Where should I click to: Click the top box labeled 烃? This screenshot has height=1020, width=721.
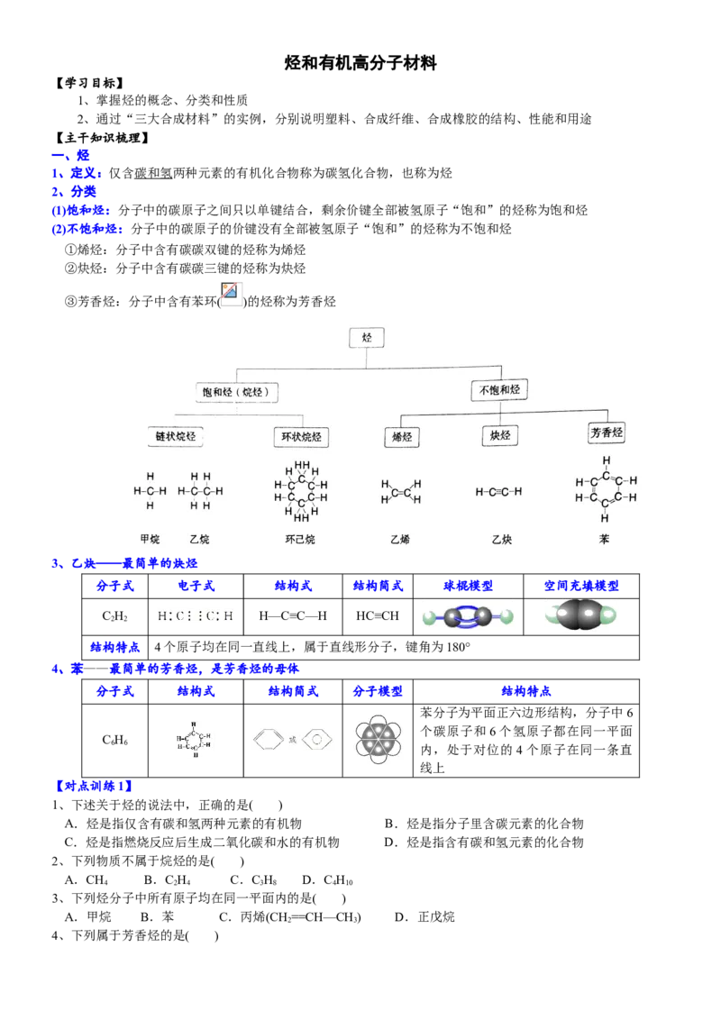coord(367,338)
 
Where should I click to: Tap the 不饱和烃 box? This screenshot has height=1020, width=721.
coord(499,390)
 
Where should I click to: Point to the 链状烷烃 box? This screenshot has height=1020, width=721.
coord(176,437)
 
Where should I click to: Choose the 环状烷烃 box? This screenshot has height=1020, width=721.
coord(301,438)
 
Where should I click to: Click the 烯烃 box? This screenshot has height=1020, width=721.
coord(400,438)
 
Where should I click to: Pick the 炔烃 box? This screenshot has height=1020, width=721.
coord(500,436)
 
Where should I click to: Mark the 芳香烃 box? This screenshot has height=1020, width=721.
coord(607,433)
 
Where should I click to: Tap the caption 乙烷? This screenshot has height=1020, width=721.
coord(199,540)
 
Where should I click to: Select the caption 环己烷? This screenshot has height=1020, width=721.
coord(300,540)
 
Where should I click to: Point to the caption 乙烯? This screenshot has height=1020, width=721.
coord(400,540)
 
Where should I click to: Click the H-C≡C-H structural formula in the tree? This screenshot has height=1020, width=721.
coord(498,492)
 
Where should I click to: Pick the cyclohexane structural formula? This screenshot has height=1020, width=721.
coord(300,492)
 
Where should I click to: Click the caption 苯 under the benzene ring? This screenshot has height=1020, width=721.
coord(604,540)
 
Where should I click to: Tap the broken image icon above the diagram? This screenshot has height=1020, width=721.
coord(232,294)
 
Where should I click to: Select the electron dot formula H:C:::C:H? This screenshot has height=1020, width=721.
coord(195,616)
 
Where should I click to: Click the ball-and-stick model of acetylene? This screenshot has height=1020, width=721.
coord(468,617)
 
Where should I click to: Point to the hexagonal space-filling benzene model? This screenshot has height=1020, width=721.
coord(379,742)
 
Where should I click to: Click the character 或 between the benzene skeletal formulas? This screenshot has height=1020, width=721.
coord(291,740)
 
